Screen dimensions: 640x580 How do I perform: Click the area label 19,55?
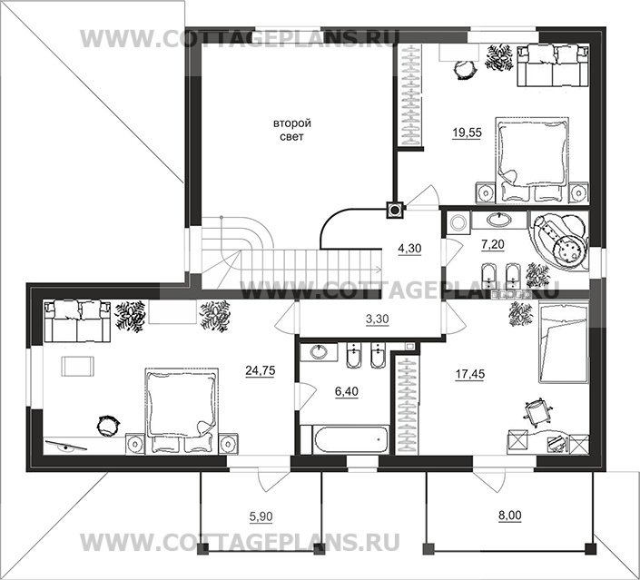[467, 133]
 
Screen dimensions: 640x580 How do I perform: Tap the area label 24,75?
[261, 370]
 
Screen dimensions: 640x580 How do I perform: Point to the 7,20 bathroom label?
[493, 244]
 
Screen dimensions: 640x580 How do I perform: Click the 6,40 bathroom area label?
[347, 391]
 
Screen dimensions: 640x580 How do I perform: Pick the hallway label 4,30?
[409, 248]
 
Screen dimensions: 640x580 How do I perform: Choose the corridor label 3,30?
[377, 319]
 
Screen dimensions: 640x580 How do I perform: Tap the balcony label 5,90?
[261, 516]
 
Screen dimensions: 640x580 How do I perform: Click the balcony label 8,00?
[510, 516]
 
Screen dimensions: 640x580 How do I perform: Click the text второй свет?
[291, 130]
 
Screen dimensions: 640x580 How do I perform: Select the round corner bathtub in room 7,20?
[560, 241]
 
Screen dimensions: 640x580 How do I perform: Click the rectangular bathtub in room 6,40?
[350, 439]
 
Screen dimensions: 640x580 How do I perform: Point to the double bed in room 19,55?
[532, 160]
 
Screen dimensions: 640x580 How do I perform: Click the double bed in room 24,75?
[182, 410]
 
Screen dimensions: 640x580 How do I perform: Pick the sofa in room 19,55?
[553, 65]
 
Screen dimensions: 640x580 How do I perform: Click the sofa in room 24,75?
[77, 321]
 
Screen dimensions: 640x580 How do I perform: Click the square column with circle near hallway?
[395, 211]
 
